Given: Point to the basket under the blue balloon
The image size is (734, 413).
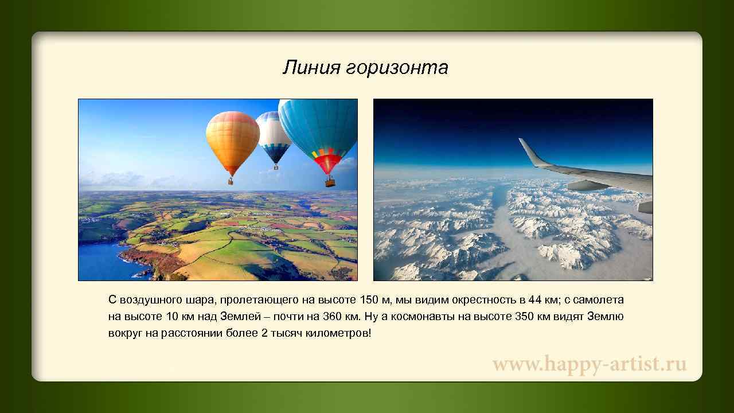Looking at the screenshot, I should [x=330, y=182].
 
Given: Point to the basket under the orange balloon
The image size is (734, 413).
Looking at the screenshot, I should [x=231, y=181].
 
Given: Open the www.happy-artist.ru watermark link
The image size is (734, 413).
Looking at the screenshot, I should [x=589, y=364].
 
